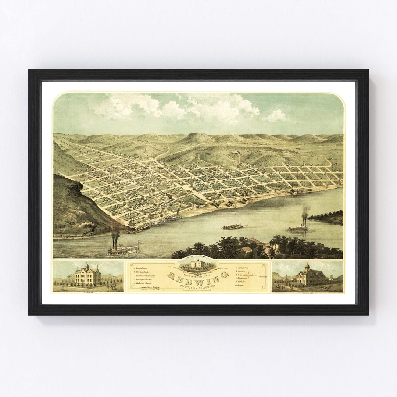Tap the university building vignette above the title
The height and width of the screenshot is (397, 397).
(198, 264)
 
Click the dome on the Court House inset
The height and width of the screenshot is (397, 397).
(307, 266)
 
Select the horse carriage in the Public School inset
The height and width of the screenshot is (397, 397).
(111, 286)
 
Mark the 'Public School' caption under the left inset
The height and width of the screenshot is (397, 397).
(88, 293)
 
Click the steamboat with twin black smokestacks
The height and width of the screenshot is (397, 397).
(122, 249)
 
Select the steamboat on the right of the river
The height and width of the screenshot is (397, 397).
(300, 228)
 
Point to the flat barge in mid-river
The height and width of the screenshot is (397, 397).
(232, 227)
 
